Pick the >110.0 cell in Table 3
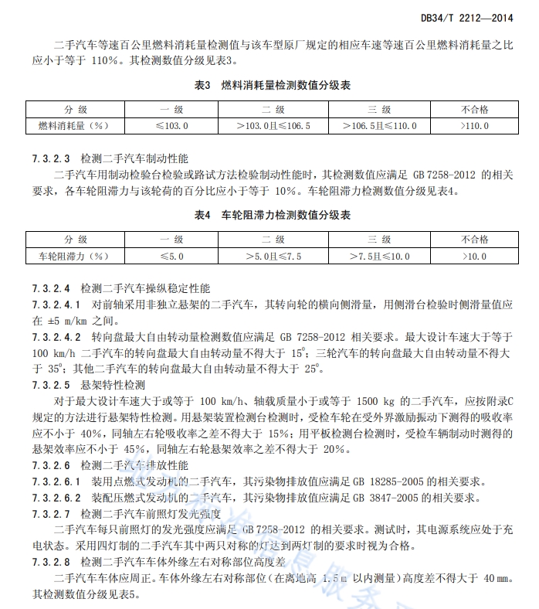coord(474,124)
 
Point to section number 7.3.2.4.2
coord(56,338)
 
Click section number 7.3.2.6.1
coord(56,481)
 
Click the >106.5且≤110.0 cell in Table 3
coord(378,124)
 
